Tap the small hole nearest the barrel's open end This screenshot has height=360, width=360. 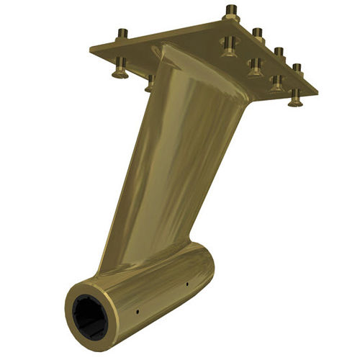[x=137, y=312]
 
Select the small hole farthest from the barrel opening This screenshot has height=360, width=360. [x=186, y=283]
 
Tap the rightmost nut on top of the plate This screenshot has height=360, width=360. [x=296, y=68]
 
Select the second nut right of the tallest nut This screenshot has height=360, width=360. [x=276, y=52]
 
